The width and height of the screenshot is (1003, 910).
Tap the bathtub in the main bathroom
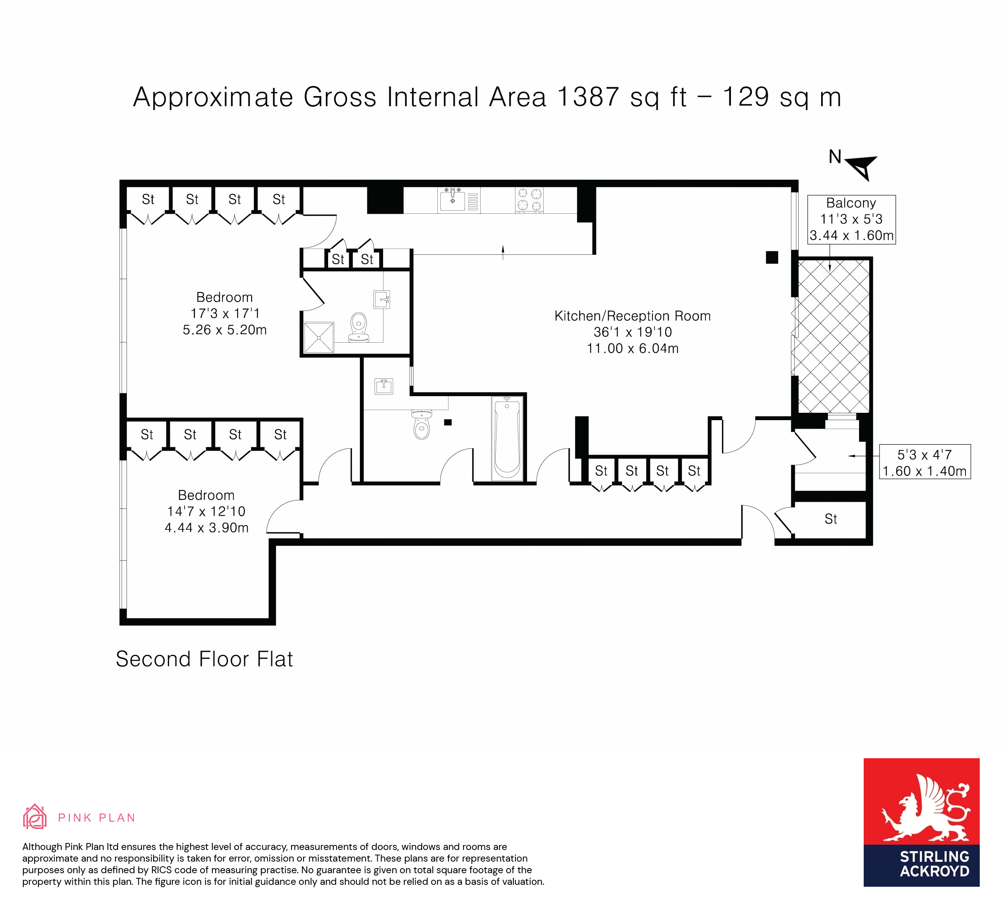[x=507, y=438]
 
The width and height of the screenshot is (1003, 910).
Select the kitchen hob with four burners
[x=529, y=200]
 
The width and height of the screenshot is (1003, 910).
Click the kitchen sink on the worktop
[x=452, y=200]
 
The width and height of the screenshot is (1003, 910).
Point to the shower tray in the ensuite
[x=318, y=338]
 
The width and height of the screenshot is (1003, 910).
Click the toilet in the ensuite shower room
[x=359, y=327]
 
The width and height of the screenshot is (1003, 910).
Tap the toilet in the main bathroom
[x=421, y=425]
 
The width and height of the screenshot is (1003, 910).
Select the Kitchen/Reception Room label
[x=632, y=316]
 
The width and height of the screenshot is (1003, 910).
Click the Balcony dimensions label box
[x=851, y=219]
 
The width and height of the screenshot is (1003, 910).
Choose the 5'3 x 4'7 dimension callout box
[x=925, y=462]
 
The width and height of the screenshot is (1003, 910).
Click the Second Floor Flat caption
[x=204, y=659]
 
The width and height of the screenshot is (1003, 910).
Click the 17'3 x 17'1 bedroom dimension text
[x=225, y=313]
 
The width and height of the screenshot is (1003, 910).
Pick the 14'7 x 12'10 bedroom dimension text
[x=206, y=511]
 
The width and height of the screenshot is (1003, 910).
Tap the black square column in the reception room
[x=772, y=258]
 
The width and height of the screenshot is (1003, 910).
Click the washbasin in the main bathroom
[x=383, y=386]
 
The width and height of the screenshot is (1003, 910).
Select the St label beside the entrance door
[x=830, y=519]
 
